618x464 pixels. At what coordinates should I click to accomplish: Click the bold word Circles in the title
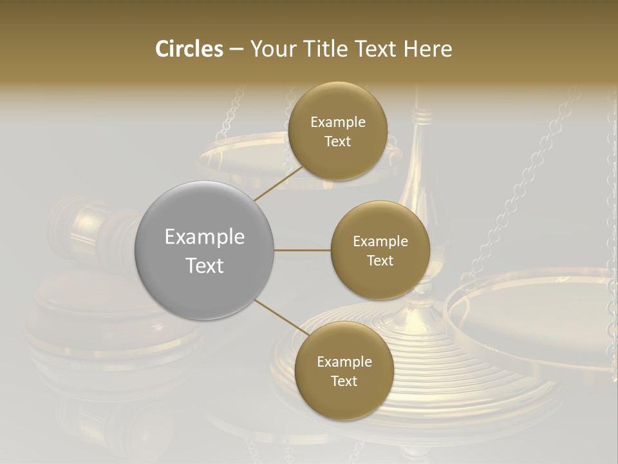click(x=189, y=49)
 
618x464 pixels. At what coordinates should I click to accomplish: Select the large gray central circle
click(x=205, y=251)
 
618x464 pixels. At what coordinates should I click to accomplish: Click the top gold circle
click(x=337, y=131)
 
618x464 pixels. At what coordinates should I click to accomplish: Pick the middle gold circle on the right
click(x=380, y=250)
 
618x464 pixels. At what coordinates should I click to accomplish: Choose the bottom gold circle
click(x=344, y=371)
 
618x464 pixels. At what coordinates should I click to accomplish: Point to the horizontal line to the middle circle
click(x=302, y=250)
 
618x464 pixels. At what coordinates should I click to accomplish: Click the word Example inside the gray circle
click(x=205, y=237)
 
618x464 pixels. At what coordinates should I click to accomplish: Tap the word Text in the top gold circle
click(x=337, y=142)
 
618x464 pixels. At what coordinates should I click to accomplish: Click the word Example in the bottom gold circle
click(x=344, y=362)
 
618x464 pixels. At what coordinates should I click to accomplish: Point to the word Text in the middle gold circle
click(x=380, y=260)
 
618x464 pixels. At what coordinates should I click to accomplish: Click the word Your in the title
click(x=273, y=49)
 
